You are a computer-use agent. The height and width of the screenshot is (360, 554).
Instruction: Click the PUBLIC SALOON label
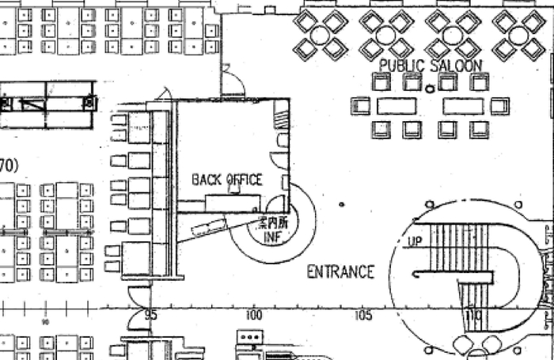[x=431, y=65]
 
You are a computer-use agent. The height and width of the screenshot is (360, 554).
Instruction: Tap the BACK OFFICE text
[x=226, y=180]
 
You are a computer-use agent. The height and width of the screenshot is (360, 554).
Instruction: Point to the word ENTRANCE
[x=340, y=272]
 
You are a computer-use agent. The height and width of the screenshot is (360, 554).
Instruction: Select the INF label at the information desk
[x=271, y=236]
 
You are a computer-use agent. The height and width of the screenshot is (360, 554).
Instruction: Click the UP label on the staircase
[x=415, y=241]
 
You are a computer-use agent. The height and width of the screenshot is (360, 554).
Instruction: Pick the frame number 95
[x=150, y=315]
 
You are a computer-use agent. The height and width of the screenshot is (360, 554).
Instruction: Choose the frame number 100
[x=254, y=315]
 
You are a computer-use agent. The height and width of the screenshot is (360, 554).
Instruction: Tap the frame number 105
[x=362, y=315]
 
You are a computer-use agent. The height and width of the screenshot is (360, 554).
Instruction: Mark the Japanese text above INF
[x=271, y=223]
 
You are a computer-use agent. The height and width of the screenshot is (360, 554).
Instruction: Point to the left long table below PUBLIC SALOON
[x=396, y=106]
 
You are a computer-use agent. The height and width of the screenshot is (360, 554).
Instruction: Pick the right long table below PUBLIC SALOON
[x=462, y=106]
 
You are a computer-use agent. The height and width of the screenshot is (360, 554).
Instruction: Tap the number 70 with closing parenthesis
[x=8, y=165]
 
